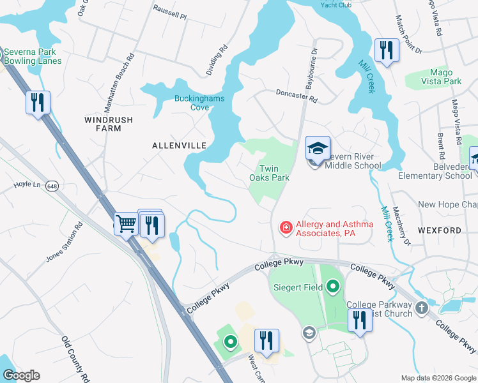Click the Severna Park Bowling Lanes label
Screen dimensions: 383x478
(33, 56)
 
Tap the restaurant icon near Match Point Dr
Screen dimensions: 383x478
(386, 50)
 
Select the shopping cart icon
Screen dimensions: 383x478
(127, 224)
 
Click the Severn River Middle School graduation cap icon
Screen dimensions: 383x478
(318, 149)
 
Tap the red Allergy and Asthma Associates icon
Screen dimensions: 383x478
(285, 227)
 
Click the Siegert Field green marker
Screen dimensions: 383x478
(332, 287)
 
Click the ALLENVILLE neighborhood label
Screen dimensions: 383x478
(179, 146)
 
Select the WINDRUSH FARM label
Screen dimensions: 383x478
(103, 124)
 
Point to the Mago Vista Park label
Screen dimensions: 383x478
(437, 77)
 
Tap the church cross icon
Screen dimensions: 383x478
(421, 308)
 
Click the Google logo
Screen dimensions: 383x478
(21, 375)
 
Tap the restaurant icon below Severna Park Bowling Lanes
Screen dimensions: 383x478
(38, 103)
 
